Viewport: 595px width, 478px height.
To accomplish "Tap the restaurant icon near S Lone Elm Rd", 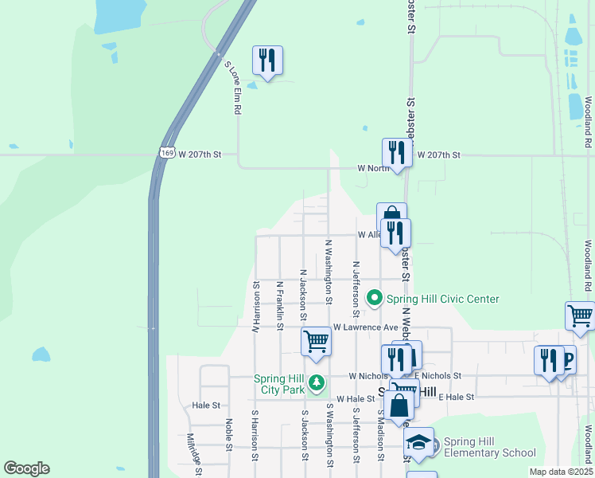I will click(268, 60).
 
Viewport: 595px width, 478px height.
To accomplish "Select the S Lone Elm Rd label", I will click(232, 88).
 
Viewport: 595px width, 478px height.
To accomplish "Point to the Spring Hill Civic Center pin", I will click(375, 299).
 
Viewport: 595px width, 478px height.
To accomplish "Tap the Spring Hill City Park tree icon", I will click(317, 384).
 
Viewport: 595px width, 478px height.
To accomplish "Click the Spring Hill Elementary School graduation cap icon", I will click(419, 442).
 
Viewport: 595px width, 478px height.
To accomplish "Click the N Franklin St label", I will click(280, 304).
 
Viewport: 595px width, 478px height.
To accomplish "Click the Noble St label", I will click(228, 435).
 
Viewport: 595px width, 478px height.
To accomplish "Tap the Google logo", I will click(26, 468).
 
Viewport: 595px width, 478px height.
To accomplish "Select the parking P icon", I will click(566, 360).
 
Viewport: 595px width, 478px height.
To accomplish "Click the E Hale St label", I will click(456, 397).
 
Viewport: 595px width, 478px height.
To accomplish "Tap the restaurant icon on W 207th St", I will click(397, 153).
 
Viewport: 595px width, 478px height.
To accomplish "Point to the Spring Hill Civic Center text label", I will click(442, 299).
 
